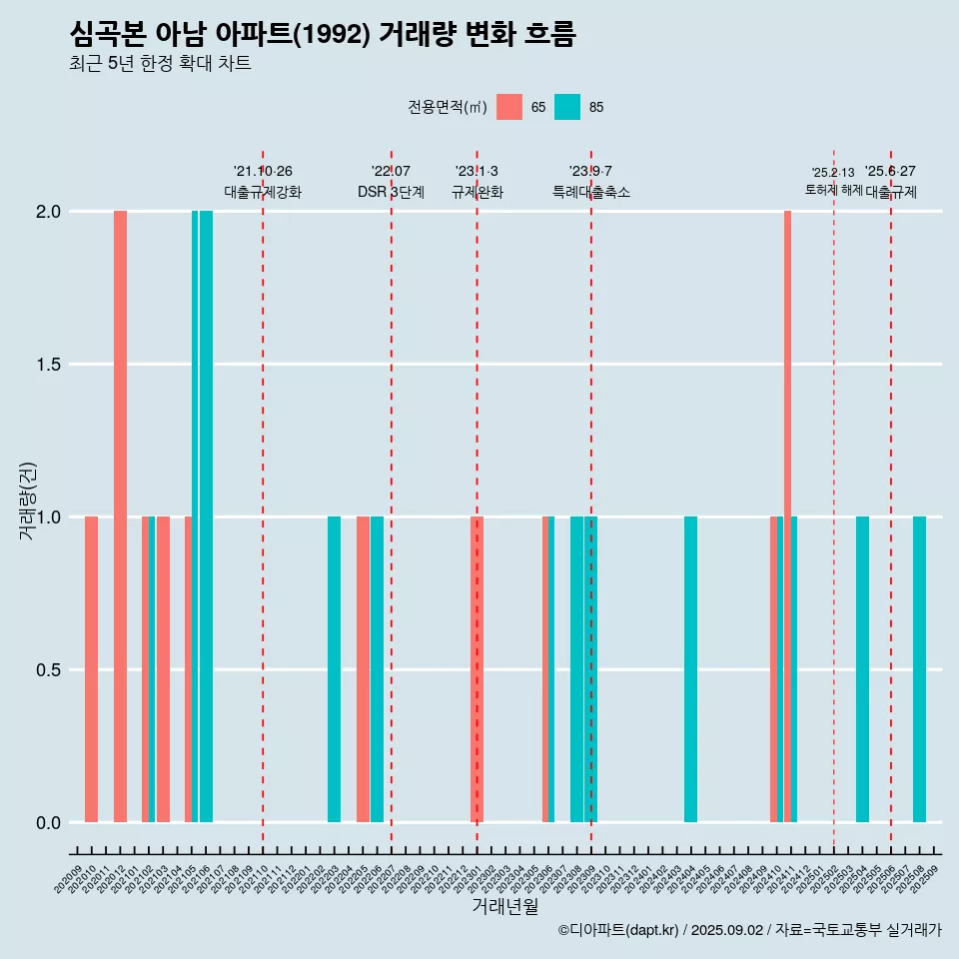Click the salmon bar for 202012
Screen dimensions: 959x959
tap(120, 516)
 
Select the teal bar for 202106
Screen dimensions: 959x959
tap(206, 516)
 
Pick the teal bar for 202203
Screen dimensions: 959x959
tap(334, 669)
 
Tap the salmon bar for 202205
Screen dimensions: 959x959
tap(363, 669)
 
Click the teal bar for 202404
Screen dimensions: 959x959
tap(690, 669)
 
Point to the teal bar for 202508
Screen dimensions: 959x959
tap(919, 669)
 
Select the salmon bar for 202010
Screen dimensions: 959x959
tap(91, 669)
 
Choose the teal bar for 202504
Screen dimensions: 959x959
tap(862, 669)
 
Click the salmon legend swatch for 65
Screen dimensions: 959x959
tap(509, 107)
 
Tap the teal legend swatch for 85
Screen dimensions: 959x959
tap(567, 107)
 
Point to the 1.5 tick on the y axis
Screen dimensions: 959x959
tap(49, 365)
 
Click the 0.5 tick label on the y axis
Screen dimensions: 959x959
tap(49, 670)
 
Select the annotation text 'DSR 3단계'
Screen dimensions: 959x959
tap(391, 193)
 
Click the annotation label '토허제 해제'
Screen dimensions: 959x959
tap(833, 190)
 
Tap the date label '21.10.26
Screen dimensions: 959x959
tap(263, 172)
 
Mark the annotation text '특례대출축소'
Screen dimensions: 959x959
tap(591, 193)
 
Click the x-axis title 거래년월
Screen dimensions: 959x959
tap(504, 907)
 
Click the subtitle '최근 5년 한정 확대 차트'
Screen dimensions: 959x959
tap(160, 64)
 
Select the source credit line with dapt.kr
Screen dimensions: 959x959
tap(749, 930)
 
